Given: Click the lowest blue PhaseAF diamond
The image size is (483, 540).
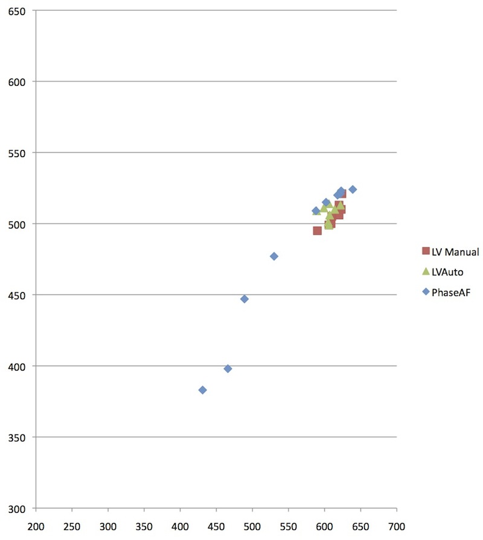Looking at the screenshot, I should pyautogui.click(x=203, y=390).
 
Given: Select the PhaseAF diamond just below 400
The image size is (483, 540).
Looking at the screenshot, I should pyautogui.click(x=228, y=369).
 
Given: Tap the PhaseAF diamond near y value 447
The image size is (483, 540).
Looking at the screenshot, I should pyautogui.click(x=245, y=299).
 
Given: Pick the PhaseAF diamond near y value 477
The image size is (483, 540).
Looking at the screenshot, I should pyautogui.click(x=274, y=256).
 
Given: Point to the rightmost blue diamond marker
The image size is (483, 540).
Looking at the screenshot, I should pyautogui.click(x=353, y=189).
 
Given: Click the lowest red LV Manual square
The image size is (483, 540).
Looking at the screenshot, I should pyautogui.click(x=318, y=230).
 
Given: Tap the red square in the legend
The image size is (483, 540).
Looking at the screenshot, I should pyautogui.click(x=426, y=252).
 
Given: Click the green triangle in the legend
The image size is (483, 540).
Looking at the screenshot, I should pyautogui.click(x=426, y=272).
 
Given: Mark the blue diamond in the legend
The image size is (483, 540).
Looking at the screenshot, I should pyautogui.click(x=426, y=292).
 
